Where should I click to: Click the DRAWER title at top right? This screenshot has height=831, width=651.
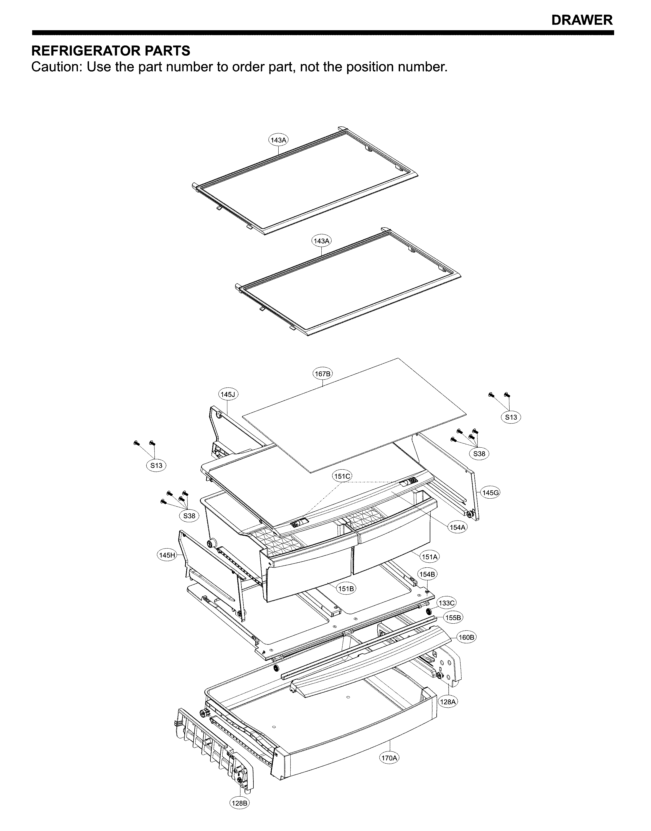click(582, 20)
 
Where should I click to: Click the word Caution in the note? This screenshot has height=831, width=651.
click(56, 67)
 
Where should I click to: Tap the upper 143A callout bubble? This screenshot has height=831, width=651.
click(279, 140)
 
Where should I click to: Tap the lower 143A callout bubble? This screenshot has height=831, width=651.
click(322, 241)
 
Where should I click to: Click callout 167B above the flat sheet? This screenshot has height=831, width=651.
click(323, 374)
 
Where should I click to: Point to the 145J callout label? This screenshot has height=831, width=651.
click(228, 394)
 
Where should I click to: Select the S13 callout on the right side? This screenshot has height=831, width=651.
click(511, 417)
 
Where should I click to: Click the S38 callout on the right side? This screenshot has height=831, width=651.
click(479, 453)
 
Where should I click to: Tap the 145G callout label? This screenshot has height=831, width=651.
click(490, 493)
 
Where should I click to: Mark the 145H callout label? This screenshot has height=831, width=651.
click(167, 555)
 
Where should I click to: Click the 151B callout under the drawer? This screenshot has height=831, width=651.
click(346, 589)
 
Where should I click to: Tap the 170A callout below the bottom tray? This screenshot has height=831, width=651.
click(390, 769)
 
